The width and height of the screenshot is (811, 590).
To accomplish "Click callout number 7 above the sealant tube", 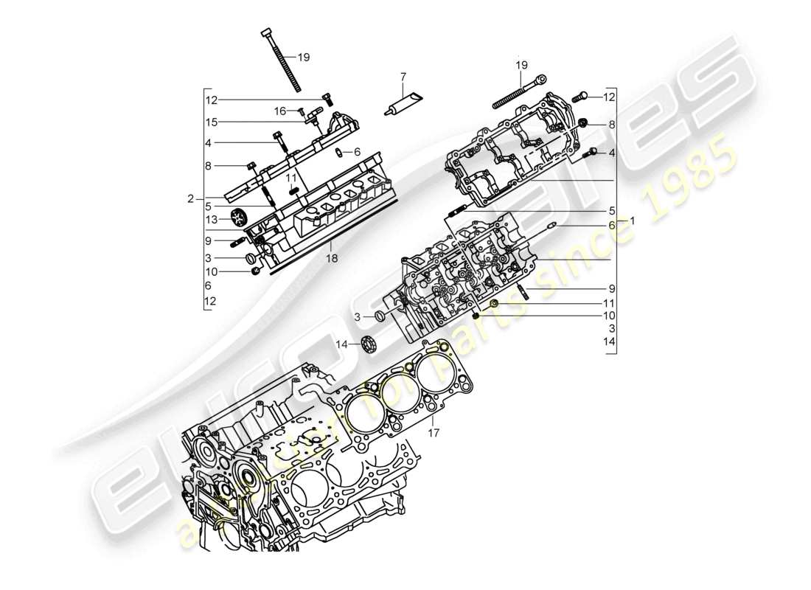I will click(403, 76).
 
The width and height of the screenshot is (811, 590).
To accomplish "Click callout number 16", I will click(280, 111).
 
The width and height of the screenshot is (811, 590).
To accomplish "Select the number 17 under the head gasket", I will click(434, 433).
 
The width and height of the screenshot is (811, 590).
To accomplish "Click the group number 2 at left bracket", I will click(190, 198).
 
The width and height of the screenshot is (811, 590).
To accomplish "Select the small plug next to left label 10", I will click(255, 271).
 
